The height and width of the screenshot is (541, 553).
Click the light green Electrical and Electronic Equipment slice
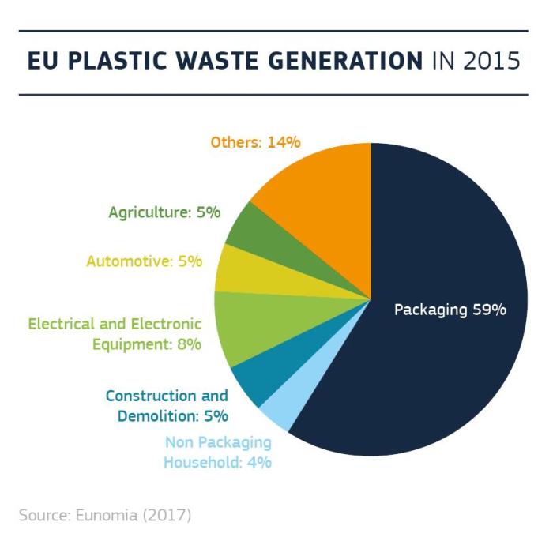pyautogui.click(x=253, y=324)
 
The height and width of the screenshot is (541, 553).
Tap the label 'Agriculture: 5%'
pyautogui.click(x=164, y=212)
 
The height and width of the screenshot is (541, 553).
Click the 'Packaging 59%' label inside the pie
pyautogui.click(x=450, y=310)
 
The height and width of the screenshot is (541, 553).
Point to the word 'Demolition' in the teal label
pyautogui.click(x=156, y=415)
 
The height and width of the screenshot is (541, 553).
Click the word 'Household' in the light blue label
pyautogui.click(x=201, y=462)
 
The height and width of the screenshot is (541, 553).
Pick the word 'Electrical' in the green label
pyautogui.click(x=60, y=324)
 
